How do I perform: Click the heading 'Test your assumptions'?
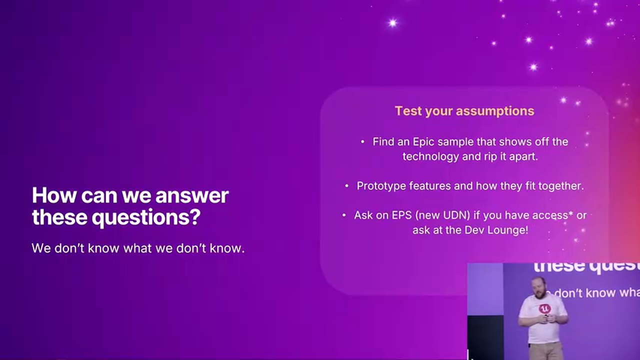pos(464,111)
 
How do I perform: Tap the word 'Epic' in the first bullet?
pos(423,141)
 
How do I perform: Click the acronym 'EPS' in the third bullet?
pos(401,215)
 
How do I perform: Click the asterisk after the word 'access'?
pos(570,213)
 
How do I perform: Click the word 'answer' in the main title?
pos(192,195)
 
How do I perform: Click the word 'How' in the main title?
pos(54,195)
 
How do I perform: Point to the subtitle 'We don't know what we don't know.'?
pos(138,248)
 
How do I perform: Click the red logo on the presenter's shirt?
pos(544,308)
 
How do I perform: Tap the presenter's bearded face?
pos(538,289)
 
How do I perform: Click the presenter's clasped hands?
pos(545,318)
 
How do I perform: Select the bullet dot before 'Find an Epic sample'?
pos(362,141)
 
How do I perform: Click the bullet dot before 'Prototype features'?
pos(346,186)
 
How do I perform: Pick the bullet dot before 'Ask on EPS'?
pos(344,215)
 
